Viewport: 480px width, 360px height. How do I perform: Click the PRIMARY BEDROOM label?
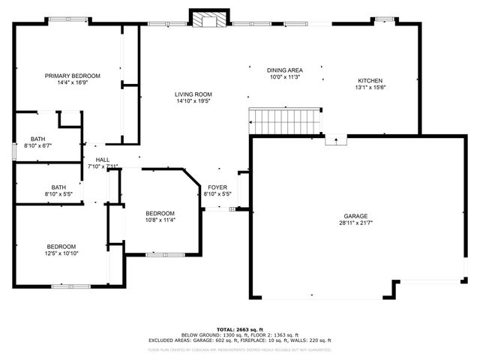tap(72, 76)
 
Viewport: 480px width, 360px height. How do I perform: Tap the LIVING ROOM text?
tap(193, 94)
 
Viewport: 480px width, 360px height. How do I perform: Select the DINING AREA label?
tap(284, 69)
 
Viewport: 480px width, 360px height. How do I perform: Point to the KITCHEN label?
tap(370, 81)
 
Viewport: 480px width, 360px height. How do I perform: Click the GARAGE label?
tap(356, 216)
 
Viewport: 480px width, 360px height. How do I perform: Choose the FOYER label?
tap(217, 187)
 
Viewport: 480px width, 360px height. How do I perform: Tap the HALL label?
tap(103, 160)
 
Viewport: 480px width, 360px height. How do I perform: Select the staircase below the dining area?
tap(285, 119)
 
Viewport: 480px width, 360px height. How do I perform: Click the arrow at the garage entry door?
tap(335, 139)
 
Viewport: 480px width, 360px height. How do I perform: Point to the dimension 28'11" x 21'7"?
tap(356, 223)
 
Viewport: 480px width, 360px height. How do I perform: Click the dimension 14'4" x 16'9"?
tap(72, 82)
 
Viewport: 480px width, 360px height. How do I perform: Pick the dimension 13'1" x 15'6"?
tap(370, 88)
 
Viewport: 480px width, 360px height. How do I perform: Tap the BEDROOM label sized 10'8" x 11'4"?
tap(160, 213)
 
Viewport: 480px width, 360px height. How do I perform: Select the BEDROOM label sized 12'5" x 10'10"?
tap(61, 247)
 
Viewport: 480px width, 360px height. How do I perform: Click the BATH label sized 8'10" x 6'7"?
tap(38, 139)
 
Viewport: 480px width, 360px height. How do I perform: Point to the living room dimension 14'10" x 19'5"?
tap(193, 100)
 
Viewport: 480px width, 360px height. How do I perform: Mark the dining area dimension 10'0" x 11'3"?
tap(284, 76)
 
